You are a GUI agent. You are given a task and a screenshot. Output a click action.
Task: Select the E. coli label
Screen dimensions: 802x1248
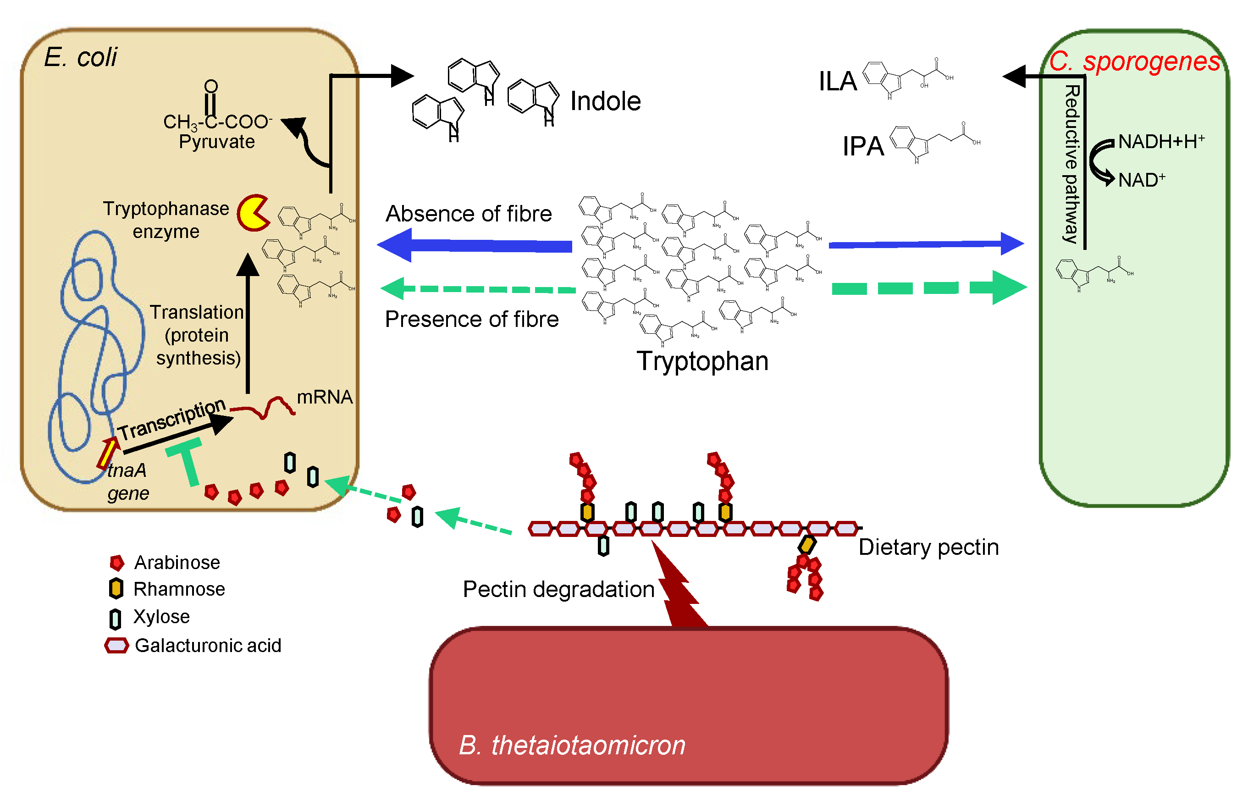(x=81, y=57)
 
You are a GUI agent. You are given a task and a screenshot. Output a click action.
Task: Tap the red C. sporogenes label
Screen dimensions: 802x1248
(x=1134, y=61)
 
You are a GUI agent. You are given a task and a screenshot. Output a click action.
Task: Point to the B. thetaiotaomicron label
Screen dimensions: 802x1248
(x=572, y=745)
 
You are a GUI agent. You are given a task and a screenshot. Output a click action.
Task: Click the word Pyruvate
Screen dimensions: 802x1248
(x=216, y=142)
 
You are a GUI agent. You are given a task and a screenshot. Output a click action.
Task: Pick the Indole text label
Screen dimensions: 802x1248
(x=605, y=101)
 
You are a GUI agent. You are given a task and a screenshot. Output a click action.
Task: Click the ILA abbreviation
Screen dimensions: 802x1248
(x=837, y=81)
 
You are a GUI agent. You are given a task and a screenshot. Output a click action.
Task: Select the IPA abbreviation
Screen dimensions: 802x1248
(x=863, y=146)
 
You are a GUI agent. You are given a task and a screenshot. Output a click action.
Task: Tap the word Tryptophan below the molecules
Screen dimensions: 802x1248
(x=702, y=361)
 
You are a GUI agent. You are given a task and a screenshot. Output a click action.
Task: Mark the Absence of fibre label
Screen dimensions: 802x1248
(x=469, y=214)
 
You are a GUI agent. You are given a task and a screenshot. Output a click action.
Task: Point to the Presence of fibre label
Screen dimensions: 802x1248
(x=472, y=319)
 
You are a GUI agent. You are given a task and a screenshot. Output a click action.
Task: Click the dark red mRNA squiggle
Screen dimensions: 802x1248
(x=263, y=408)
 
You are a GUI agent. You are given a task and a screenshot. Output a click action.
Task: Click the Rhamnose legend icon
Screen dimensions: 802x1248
(x=116, y=588)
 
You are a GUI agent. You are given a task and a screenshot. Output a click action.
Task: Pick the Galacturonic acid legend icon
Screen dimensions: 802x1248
(x=116, y=645)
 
